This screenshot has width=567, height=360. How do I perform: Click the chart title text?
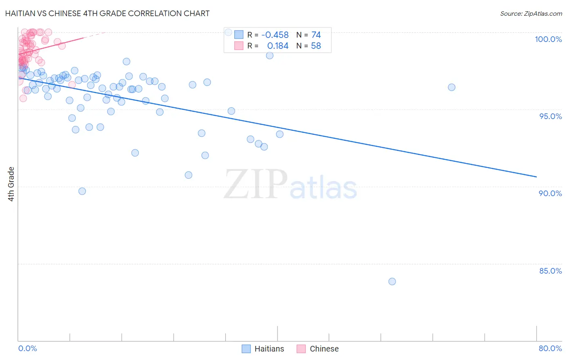[x=107, y=13]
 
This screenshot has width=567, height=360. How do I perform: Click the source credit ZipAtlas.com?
[x=531, y=13]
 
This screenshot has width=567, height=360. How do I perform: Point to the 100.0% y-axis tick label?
[x=548, y=39]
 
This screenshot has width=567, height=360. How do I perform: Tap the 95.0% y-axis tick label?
[x=550, y=116]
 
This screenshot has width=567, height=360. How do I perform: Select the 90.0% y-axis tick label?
[x=550, y=193]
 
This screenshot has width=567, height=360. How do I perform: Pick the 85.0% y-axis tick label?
[x=550, y=271]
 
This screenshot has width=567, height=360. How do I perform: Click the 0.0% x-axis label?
[x=27, y=348]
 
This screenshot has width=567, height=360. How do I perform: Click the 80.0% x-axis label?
[x=550, y=348]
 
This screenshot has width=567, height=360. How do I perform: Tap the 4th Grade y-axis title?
[x=11, y=184]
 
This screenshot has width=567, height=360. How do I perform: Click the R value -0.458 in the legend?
[x=275, y=35]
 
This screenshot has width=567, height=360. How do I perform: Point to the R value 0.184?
[x=278, y=46]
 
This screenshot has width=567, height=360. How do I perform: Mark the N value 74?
[x=316, y=35]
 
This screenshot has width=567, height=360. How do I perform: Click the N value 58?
[x=316, y=46]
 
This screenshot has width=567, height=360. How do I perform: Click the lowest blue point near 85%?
[x=392, y=281]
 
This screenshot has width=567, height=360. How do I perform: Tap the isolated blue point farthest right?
[x=452, y=87]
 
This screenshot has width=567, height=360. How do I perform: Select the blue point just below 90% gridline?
[x=82, y=191]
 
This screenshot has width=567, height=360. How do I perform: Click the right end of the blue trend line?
[x=536, y=177]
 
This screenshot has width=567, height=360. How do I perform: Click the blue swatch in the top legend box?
[x=239, y=35]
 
